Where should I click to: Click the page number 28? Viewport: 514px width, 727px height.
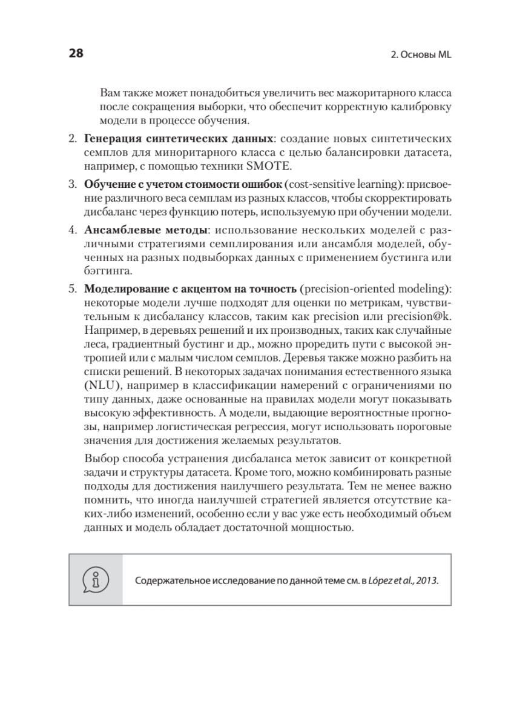pyautogui.click(x=76, y=53)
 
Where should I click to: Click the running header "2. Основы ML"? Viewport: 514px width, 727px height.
pyautogui.click(x=418, y=54)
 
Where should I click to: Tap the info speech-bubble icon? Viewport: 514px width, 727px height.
pyautogui.click(x=96, y=579)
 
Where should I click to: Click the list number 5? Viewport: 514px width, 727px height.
pyautogui.click(x=71, y=287)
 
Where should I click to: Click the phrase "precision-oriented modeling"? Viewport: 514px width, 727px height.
pyautogui.click(x=374, y=287)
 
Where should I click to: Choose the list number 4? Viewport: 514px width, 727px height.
pyautogui.click(x=71, y=231)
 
